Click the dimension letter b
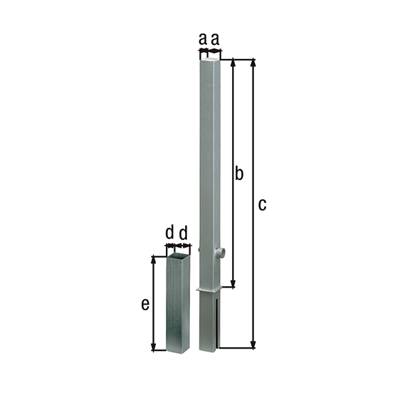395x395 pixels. click(x=240, y=173)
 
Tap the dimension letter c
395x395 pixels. click(x=262, y=205)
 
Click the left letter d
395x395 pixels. click(x=169, y=233)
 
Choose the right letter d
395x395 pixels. click(x=183, y=233)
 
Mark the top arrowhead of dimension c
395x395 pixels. click(x=253, y=62)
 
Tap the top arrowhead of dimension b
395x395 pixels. click(x=232, y=62)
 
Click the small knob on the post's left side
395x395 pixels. click(x=199, y=250)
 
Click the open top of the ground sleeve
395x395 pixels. click(x=179, y=253)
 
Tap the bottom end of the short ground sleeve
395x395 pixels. click(x=178, y=349)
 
